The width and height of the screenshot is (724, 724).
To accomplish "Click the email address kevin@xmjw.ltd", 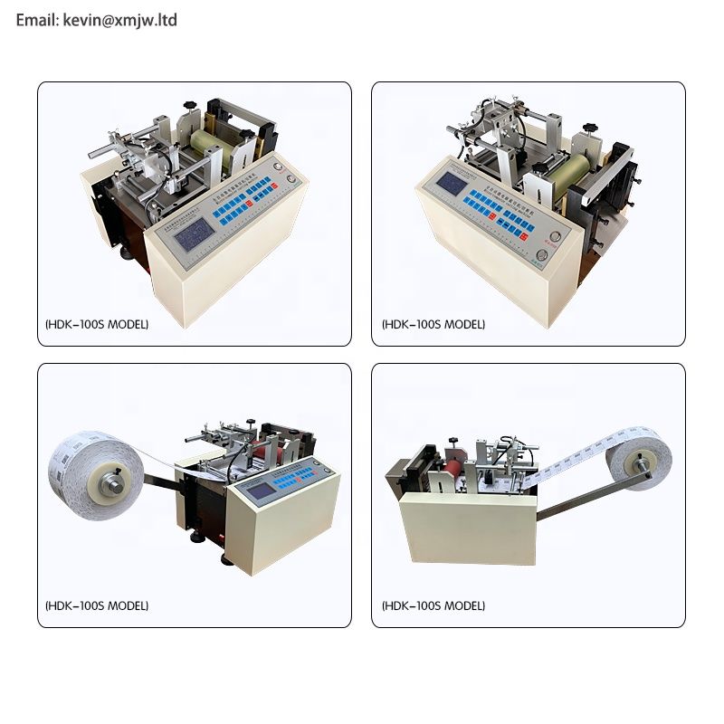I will [120, 19].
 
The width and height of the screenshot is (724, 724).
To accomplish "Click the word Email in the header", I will [37, 19].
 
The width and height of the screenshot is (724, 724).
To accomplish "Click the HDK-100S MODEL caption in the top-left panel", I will [96, 324].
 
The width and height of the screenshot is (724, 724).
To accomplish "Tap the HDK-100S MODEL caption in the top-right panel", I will [433, 324].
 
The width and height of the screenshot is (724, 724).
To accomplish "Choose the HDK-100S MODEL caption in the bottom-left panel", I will [96, 605].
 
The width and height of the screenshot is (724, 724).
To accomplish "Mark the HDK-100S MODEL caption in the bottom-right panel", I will [433, 605].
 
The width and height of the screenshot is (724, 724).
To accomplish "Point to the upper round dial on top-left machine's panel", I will [290, 177].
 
